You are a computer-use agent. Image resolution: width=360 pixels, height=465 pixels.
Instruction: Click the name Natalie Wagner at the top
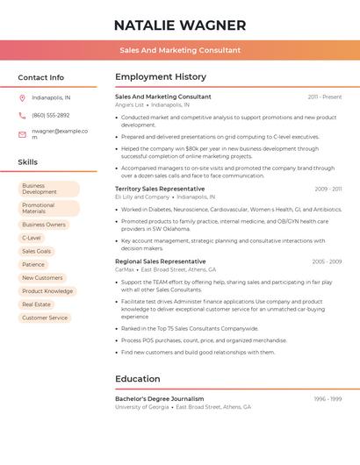pos(180,25)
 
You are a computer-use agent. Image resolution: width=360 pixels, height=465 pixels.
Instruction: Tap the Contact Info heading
pos(40,77)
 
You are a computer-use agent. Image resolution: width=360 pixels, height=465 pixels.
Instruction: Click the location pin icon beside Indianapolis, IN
pos(22,97)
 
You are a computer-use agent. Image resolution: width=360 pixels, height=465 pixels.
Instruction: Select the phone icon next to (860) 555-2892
pos(22,115)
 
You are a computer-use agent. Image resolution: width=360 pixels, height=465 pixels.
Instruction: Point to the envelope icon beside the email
pos(22,134)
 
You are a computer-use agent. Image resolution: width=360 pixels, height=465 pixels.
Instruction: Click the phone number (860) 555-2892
pos(50,115)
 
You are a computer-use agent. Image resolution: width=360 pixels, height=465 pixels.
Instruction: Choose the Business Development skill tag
pos(49,189)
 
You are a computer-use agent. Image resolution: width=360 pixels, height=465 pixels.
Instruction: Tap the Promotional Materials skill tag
pos(49,208)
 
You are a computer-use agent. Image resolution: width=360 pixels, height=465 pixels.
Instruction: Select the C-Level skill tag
pos(32,238)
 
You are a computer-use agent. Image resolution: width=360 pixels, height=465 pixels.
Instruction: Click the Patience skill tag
pos(33,264)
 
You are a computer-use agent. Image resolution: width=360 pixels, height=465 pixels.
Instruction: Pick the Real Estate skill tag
pos(36,304)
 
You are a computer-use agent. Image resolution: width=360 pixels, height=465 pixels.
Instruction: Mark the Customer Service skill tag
pos(45,318)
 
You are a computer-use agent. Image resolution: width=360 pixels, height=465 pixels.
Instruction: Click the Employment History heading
pos(160,76)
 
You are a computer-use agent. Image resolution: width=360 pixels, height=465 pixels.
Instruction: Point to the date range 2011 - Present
pos(324,97)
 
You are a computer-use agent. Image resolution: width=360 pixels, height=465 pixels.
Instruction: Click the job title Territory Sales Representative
pos(160,189)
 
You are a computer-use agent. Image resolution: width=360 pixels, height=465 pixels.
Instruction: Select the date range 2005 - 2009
pos(327,261)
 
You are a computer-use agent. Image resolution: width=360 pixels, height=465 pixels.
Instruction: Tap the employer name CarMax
pos(125,269)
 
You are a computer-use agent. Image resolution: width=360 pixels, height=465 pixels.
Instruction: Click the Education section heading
pos(137,379)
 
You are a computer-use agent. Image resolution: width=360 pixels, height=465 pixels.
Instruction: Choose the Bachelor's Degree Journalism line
pos(159,398)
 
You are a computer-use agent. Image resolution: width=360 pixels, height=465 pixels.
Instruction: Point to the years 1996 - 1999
pos(328,399)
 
